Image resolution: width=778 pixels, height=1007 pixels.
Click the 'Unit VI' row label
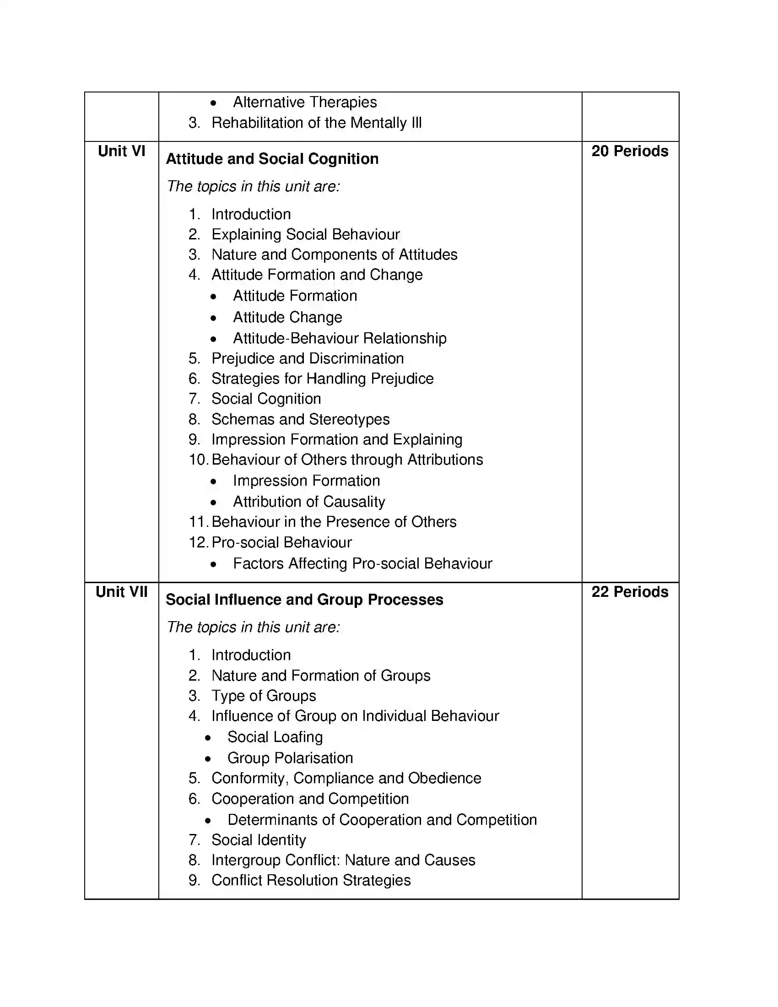tap(121, 151)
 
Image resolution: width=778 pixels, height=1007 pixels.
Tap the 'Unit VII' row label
tap(121, 592)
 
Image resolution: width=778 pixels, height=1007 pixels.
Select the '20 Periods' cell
tap(630, 151)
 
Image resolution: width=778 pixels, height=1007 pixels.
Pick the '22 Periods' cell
tap(630, 592)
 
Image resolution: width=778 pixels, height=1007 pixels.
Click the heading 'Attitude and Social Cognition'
tap(272, 159)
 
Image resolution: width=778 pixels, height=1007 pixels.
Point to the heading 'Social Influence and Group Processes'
tap(304, 600)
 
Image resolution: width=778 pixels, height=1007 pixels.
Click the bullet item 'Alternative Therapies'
tap(305, 102)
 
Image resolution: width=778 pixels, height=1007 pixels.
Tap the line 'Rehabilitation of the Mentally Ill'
tap(316, 123)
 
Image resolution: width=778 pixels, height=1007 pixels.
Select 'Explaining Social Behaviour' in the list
tap(306, 235)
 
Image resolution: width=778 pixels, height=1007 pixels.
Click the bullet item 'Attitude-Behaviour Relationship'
tap(339, 338)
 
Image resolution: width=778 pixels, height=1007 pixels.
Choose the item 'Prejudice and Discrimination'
tap(308, 359)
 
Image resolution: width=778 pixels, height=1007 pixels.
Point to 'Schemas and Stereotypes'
tap(301, 420)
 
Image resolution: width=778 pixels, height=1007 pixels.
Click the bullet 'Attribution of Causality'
tap(309, 502)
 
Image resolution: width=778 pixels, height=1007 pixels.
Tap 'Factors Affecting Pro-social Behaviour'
tap(362, 563)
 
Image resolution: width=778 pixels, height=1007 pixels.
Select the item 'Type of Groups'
tap(264, 696)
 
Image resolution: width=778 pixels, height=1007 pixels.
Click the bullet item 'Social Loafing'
tap(275, 737)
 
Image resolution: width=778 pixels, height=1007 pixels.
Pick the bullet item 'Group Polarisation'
tap(290, 758)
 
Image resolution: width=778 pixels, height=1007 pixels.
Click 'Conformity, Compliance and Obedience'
tap(346, 778)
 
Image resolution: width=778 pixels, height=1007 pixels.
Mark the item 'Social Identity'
tap(259, 840)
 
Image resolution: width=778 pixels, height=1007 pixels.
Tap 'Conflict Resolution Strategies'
tap(311, 880)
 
